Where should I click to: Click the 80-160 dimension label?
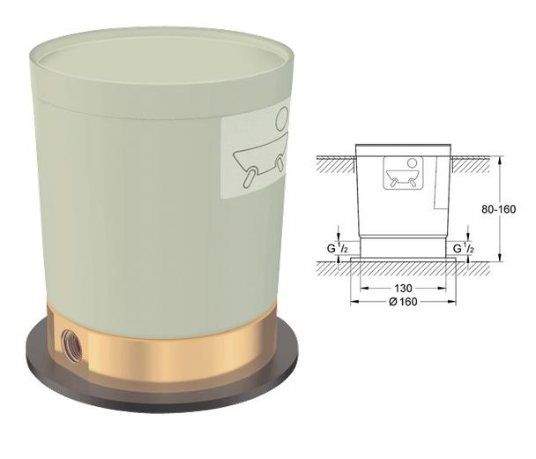(x=498, y=209)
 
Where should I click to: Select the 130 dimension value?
(x=404, y=289)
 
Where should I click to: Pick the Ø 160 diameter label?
(x=404, y=302)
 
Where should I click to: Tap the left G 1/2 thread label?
(x=338, y=249)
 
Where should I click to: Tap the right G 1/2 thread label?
(x=464, y=249)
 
